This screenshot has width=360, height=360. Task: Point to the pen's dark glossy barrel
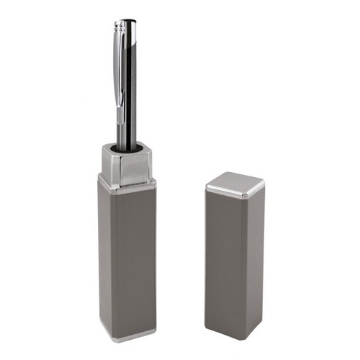coord(130,94)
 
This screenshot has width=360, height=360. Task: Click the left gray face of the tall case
coord(106,259)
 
